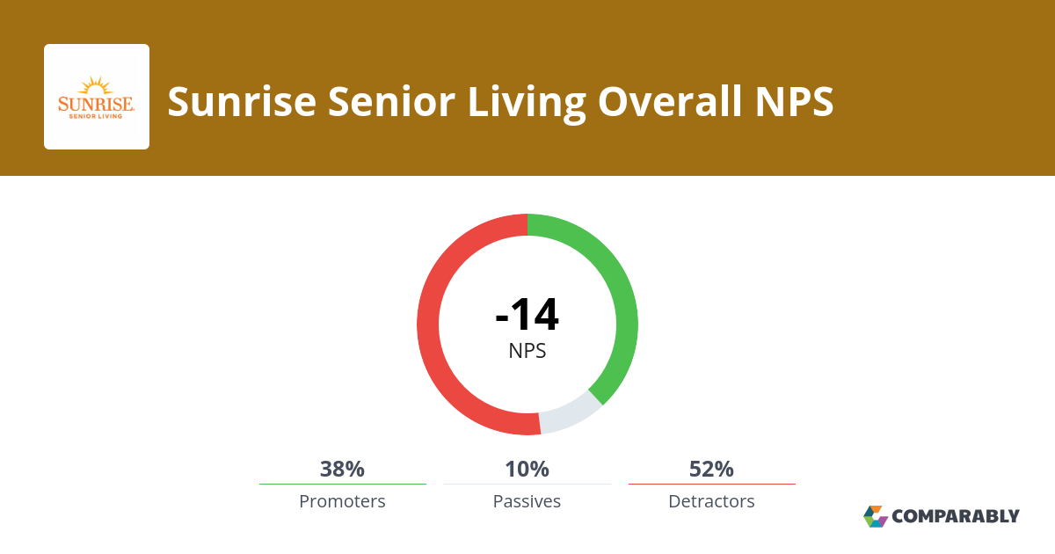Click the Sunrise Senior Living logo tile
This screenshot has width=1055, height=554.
click(x=97, y=97)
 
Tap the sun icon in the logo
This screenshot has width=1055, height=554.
click(x=96, y=86)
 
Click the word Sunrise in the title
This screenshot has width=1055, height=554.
click(x=242, y=101)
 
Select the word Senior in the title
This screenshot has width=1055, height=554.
click(x=391, y=101)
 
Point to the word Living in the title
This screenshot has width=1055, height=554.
click(x=527, y=104)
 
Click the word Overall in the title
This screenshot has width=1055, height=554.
click(x=670, y=101)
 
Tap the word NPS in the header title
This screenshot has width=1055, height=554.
click(x=795, y=101)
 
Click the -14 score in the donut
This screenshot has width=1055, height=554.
click(x=527, y=314)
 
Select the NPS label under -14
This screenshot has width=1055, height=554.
click(x=527, y=351)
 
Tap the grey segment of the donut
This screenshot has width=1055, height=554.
click(x=571, y=414)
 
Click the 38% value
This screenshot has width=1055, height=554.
click(x=342, y=469)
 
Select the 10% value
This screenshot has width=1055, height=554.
click(x=527, y=469)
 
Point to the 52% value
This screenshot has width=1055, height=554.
click(x=711, y=469)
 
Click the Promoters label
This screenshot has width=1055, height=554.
click(x=342, y=501)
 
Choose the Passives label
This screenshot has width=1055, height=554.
click(x=527, y=501)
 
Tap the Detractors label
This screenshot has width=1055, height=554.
click(x=711, y=501)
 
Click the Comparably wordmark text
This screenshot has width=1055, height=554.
click(x=956, y=516)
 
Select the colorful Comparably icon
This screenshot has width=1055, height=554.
click(x=876, y=516)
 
